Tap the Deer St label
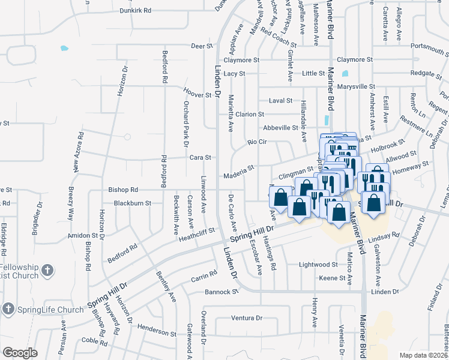[x=202, y=46]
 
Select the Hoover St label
[x=197, y=95]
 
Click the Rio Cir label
[x=256, y=143]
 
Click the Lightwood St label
[x=318, y=264]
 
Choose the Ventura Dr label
[x=247, y=318]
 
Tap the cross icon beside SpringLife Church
[x=8, y=309]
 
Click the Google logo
[x=20, y=353]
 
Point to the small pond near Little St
[x=345, y=75]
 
